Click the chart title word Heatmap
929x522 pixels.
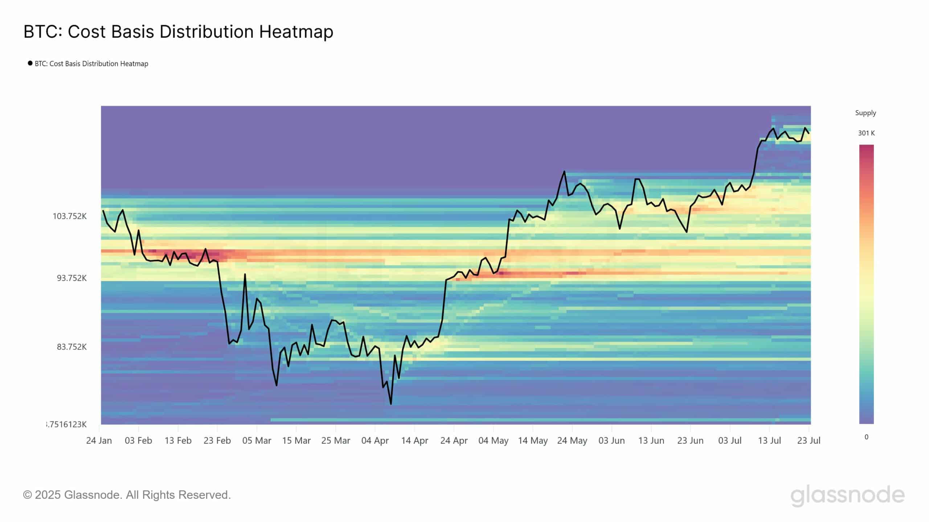point(296,32)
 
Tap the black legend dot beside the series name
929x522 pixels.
point(30,63)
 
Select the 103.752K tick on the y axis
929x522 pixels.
point(70,216)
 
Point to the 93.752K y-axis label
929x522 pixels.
point(72,278)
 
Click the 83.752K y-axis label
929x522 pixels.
point(72,347)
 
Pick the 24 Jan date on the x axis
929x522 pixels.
point(99,441)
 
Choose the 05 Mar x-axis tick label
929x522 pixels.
point(257,441)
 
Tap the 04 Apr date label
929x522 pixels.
point(375,441)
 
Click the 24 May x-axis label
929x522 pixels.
point(572,441)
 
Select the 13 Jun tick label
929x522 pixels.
point(651,441)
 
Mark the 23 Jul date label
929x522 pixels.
point(809,441)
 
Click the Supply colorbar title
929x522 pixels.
point(865,113)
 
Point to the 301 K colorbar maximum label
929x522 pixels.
point(866,133)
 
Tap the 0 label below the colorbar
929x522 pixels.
point(867,437)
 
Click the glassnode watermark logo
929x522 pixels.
point(847,495)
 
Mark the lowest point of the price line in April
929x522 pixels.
point(391,404)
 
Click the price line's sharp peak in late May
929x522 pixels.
point(564,171)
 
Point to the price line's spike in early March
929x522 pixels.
point(245,274)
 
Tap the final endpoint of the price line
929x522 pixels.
point(809,133)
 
